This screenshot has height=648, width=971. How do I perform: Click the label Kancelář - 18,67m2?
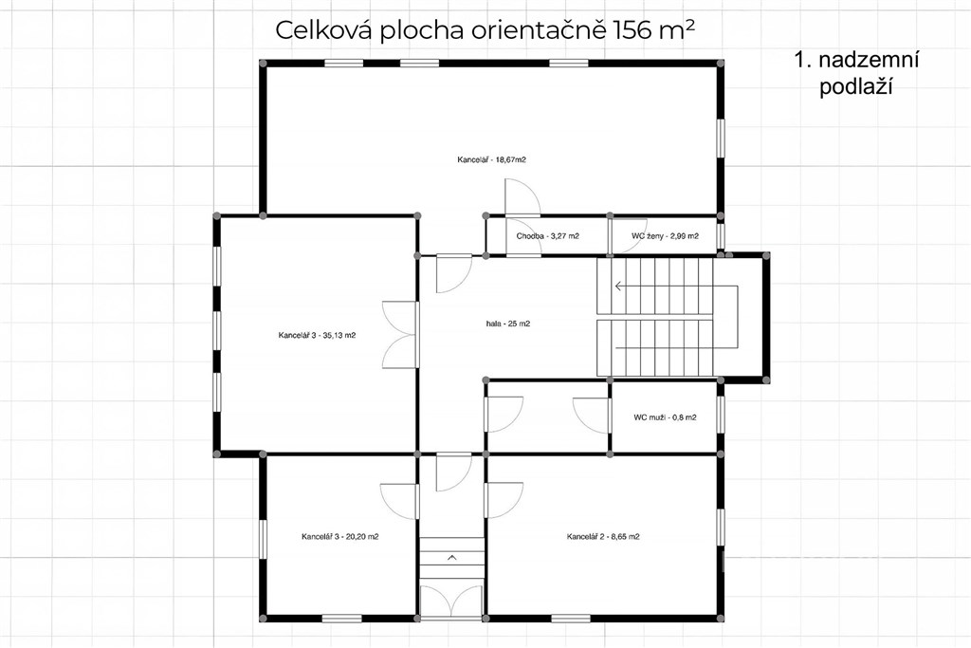492,159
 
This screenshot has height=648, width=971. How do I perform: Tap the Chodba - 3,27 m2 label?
547,236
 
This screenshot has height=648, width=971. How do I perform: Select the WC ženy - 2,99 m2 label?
665,236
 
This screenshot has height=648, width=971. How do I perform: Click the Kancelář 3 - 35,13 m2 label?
317,336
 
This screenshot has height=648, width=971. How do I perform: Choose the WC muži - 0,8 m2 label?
665,417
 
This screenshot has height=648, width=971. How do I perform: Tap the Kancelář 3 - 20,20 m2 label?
340,536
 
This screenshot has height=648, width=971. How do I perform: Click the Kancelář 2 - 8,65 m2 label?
603,536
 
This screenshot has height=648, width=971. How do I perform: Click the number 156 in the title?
631,29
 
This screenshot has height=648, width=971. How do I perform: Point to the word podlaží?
856,87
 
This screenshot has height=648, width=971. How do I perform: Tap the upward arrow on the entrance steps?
451,558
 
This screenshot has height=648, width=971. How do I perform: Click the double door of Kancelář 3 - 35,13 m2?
399,335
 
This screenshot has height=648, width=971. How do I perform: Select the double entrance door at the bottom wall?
451,601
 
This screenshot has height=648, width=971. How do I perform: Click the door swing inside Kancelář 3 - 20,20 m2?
399,501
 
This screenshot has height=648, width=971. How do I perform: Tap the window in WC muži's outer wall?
721,414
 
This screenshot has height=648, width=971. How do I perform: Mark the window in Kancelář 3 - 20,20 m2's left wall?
263,539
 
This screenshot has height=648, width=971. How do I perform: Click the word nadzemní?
869,60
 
